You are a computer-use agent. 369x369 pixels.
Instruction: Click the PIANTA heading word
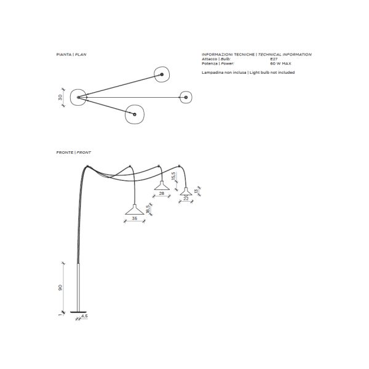[x=64, y=54]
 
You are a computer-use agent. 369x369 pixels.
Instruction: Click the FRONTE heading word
[x=65, y=153]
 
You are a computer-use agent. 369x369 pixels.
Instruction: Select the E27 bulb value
[x=274, y=59]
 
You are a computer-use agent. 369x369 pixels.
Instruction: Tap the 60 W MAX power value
[x=280, y=63]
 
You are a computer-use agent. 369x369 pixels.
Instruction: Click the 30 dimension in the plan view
[x=60, y=97]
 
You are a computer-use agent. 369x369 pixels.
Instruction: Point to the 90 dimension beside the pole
[x=60, y=287]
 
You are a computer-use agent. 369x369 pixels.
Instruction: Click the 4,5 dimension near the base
[x=84, y=316]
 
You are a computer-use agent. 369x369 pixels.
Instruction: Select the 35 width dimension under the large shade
[x=134, y=218]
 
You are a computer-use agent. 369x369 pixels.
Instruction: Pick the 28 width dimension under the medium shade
[x=161, y=194]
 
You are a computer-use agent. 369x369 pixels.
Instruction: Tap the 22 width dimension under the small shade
[x=186, y=199]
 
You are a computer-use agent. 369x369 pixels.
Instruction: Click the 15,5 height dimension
[x=173, y=176]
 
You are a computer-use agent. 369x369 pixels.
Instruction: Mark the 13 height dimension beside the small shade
[x=196, y=191]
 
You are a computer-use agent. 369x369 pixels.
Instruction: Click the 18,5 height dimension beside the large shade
[x=148, y=209]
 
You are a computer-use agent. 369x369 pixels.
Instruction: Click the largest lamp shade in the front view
[x=135, y=210]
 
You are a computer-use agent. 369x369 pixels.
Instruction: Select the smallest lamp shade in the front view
[x=186, y=192]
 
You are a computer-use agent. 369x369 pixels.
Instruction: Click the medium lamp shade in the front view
[x=162, y=186]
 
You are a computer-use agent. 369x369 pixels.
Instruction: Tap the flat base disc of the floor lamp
[x=78, y=312]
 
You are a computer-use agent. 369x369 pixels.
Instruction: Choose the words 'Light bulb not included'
[x=272, y=73]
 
